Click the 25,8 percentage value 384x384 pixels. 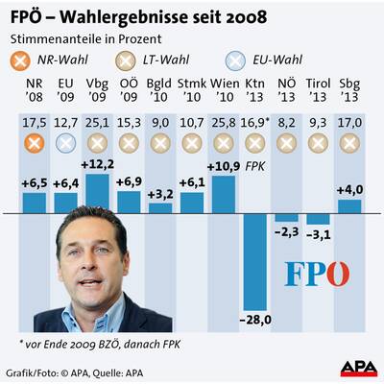pyautogui.click(x=223, y=123)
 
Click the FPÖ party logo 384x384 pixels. pyautogui.click(x=317, y=274)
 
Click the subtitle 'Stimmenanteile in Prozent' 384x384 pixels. pyautogui.click(x=82, y=38)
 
